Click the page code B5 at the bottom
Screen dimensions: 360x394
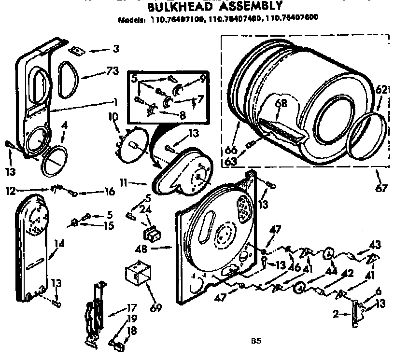[x=255, y=341]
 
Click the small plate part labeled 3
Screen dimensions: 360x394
[x=75, y=50]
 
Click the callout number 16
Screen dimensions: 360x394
[x=109, y=192]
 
